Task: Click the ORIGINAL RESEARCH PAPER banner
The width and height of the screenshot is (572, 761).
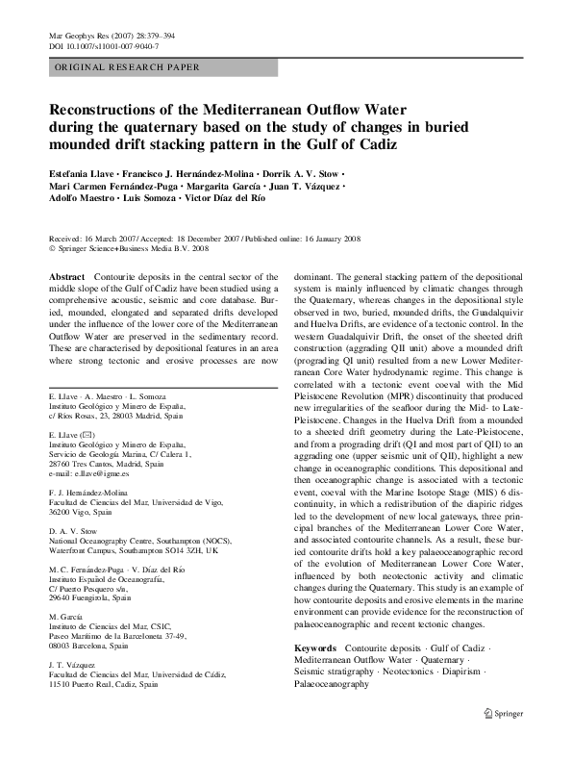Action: [124, 67]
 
